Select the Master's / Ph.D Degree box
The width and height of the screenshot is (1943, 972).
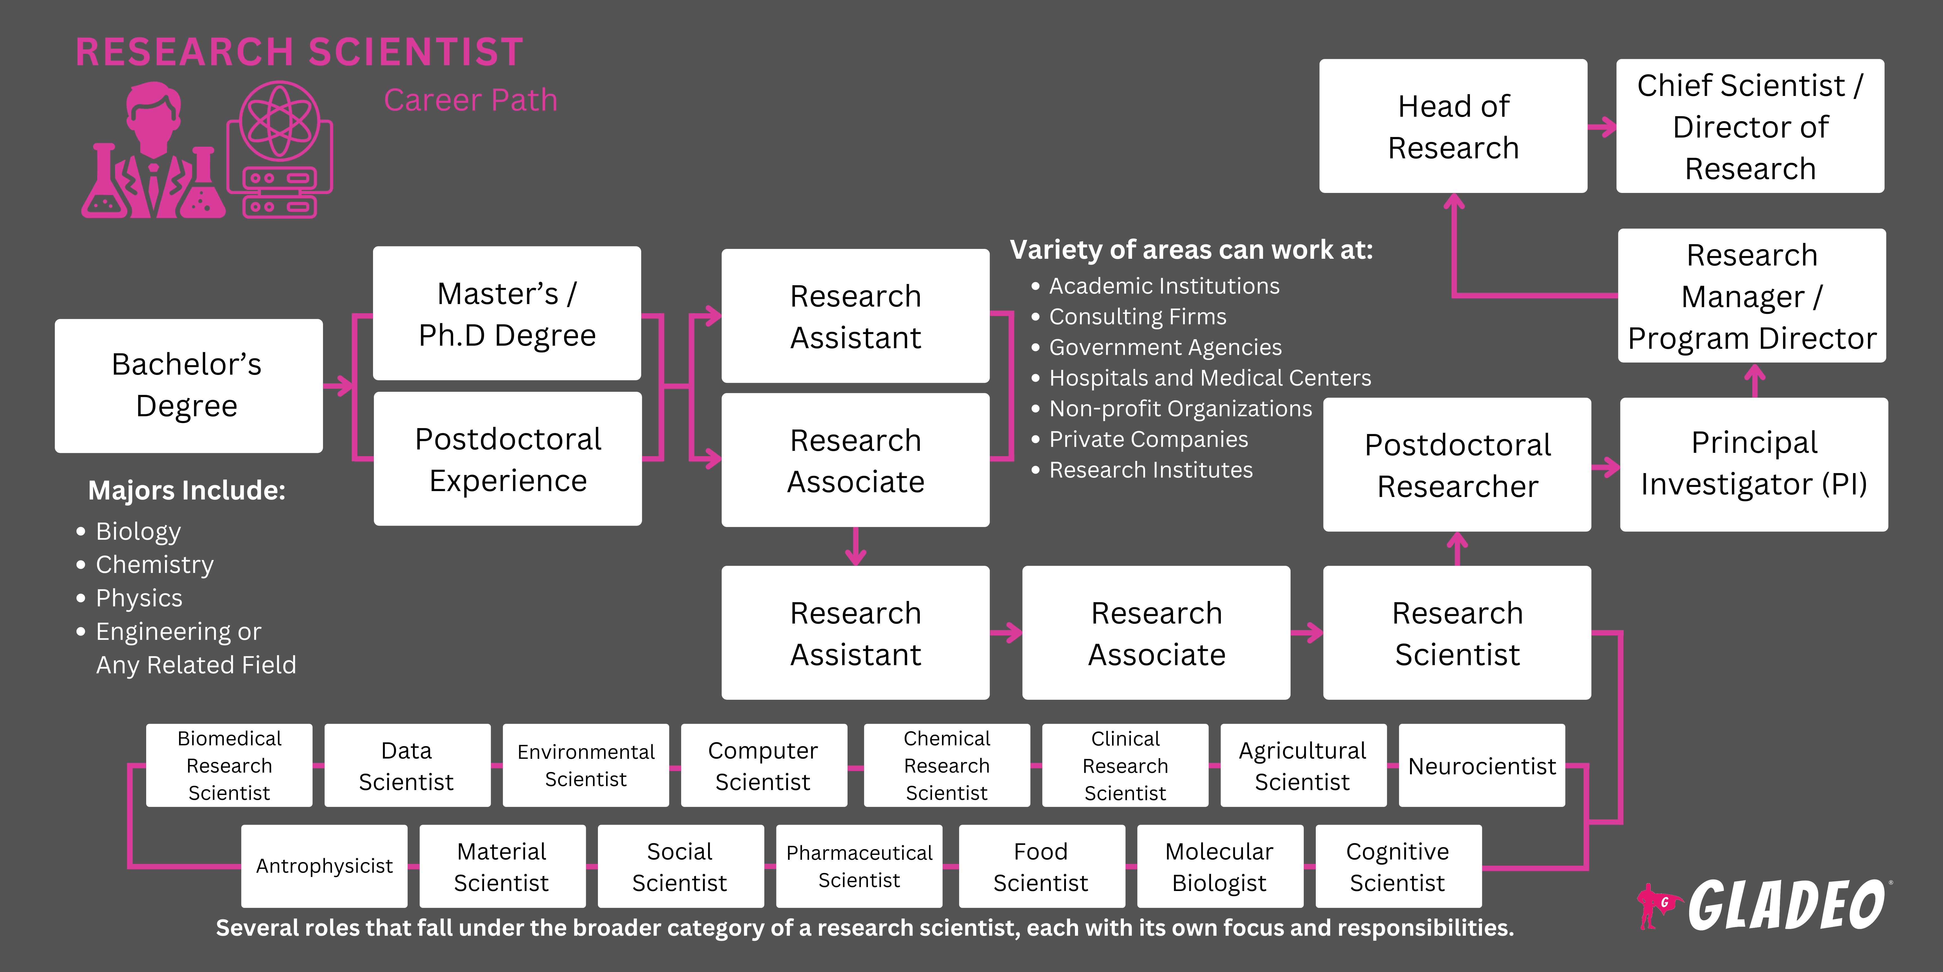click(x=507, y=313)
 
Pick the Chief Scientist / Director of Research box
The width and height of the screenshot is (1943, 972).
click(x=1750, y=126)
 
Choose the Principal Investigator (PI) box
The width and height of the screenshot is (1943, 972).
click(x=1754, y=464)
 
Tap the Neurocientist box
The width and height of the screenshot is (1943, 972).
click(x=1481, y=765)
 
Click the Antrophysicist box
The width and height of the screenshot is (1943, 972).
click(x=324, y=866)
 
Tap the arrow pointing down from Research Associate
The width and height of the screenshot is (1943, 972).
click(x=855, y=546)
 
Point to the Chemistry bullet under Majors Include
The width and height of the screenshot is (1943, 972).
click(x=155, y=564)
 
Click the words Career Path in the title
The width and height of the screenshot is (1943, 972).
click(x=471, y=100)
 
